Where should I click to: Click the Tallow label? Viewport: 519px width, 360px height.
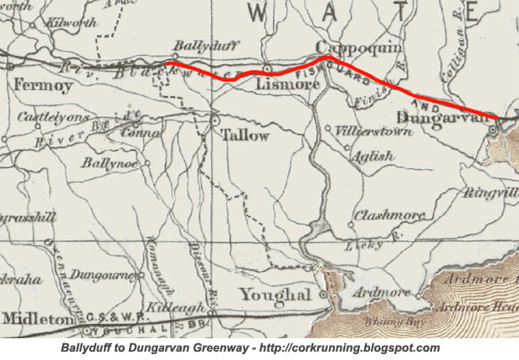(x=244, y=135)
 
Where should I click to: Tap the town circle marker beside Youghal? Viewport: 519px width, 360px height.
(x=324, y=295)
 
